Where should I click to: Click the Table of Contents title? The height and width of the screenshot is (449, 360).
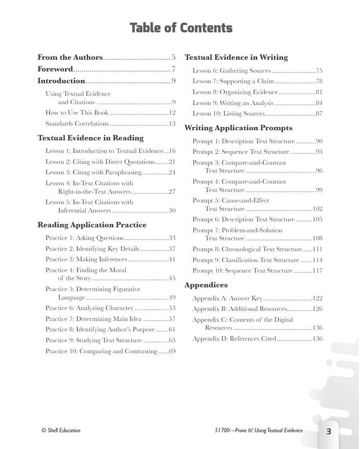click(181, 28)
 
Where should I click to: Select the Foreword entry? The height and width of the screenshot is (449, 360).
click(55, 69)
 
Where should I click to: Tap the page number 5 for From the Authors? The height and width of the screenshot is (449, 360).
click(173, 58)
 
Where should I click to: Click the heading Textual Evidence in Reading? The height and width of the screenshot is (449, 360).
click(90, 138)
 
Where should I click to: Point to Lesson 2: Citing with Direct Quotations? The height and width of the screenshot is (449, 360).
click(100, 162)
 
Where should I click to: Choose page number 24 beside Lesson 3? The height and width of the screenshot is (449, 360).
click(171, 172)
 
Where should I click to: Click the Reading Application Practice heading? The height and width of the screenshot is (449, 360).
click(92, 225)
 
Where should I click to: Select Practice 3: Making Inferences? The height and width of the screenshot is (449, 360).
click(86, 259)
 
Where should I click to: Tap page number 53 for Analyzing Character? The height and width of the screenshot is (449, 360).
click(171, 308)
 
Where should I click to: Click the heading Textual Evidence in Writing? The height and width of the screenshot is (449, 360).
click(236, 58)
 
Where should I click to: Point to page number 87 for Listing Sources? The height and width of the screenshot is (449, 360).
click(319, 114)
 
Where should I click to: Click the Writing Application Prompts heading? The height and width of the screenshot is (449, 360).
click(238, 128)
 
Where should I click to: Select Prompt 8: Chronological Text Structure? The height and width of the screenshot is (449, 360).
click(247, 249)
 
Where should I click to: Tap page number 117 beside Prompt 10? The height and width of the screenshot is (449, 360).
click(317, 271)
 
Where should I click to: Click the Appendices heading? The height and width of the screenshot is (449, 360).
click(206, 285)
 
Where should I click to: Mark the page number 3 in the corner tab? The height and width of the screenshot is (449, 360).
click(328, 431)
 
